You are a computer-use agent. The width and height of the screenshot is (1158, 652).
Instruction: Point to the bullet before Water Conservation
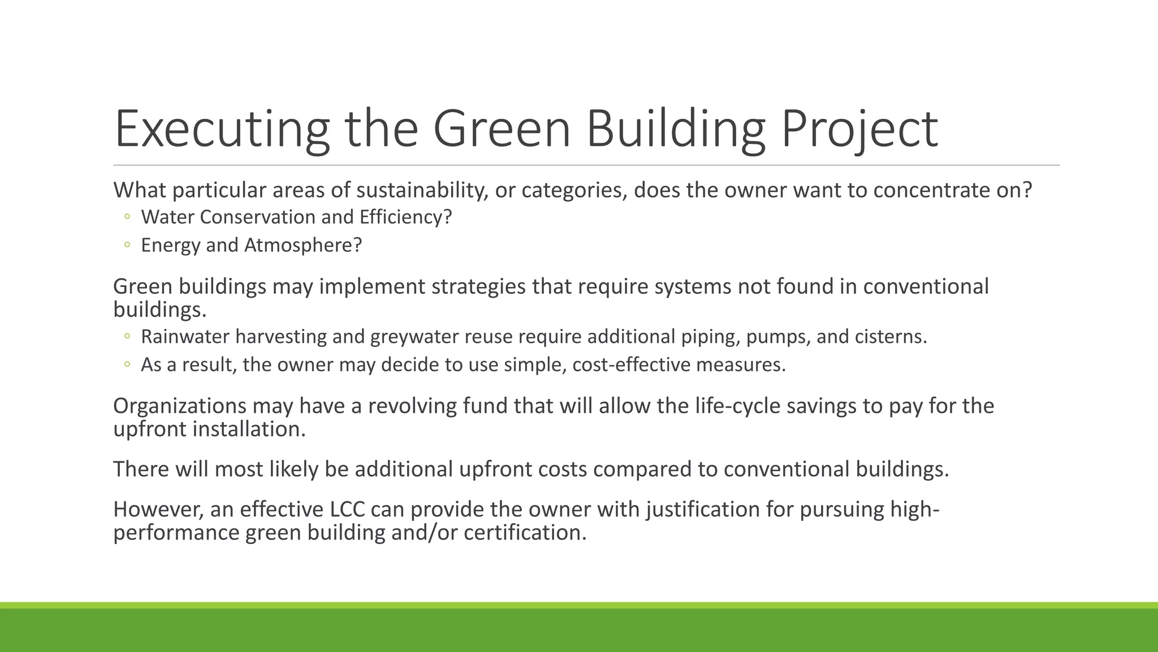click(x=127, y=217)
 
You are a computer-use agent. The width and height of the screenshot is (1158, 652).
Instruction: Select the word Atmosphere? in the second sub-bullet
click(x=303, y=245)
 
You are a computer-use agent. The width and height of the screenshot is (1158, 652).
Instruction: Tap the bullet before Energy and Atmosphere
click(x=127, y=245)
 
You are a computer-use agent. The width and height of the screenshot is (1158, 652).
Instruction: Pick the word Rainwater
click(x=185, y=337)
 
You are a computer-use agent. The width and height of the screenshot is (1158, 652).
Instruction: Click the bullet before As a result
click(x=127, y=364)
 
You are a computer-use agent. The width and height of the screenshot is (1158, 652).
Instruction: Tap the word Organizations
click(x=179, y=406)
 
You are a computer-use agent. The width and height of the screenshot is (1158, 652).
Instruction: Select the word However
click(x=158, y=509)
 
